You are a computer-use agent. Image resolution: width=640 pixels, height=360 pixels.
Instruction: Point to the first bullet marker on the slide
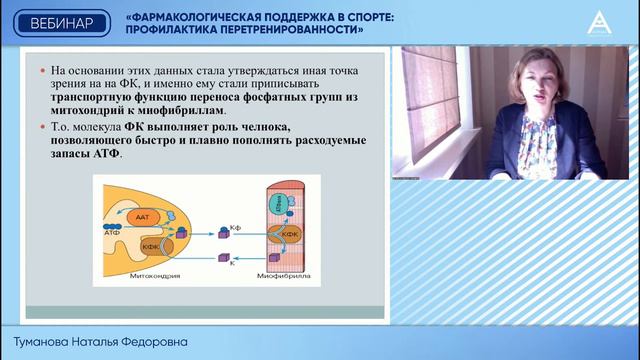(41, 73)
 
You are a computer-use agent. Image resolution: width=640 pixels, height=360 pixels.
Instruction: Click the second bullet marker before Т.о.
(41, 129)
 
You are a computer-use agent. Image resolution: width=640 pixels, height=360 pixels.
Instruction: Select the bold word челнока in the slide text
(263, 128)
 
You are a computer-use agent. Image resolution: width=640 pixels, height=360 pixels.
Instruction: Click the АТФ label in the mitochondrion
(111, 230)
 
